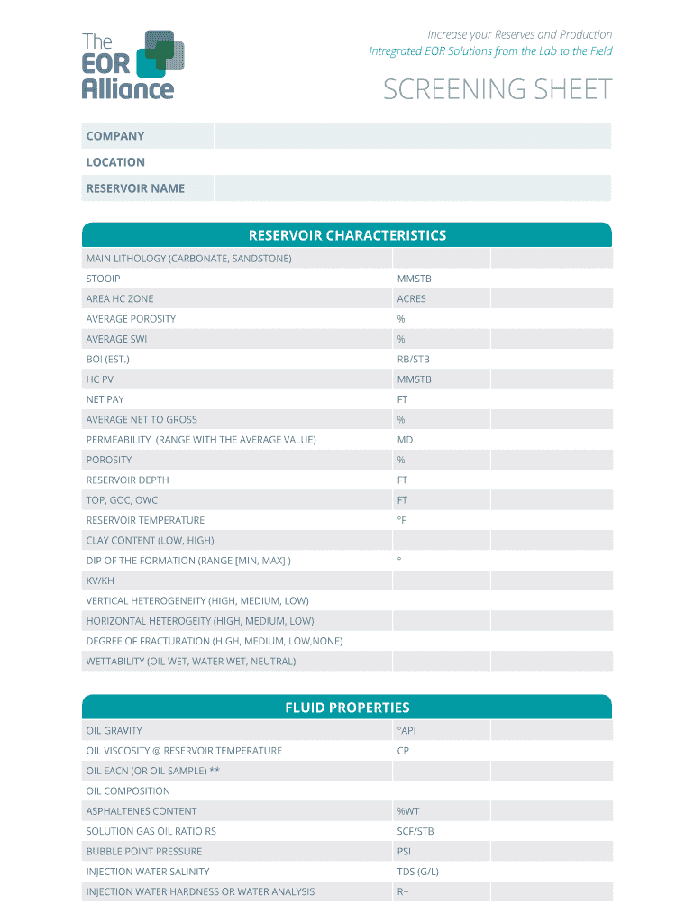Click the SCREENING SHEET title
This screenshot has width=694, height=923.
(x=498, y=90)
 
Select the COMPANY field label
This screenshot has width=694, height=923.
(x=115, y=136)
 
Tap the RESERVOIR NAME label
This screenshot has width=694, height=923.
(x=135, y=188)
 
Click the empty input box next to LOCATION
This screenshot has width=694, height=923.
(x=412, y=162)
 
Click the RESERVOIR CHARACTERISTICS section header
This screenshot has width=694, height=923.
(x=347, y=235)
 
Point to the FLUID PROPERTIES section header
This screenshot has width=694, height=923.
(x=347, y=708)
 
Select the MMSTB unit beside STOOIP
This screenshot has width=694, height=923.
(x=415, y=279)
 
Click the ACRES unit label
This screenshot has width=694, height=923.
(x=412, y=298)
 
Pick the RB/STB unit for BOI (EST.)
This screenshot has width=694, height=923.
(x=414, y=359)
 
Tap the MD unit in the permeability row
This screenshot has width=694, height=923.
(x=406, y=440)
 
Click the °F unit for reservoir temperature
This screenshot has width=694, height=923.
(x=402, y=520)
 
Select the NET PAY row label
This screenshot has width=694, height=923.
(x=105, y=399)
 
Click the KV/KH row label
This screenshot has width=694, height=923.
(x=100, y=580)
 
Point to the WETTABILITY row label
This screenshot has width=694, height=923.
(x=191, y=661)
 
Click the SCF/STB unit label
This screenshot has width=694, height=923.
(x=415, y=831)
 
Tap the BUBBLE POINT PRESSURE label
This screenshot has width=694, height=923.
(x=144, y=851)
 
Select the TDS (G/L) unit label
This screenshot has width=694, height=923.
(x=418, y=872)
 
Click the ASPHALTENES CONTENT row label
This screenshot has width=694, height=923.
(x=142, y=811)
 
